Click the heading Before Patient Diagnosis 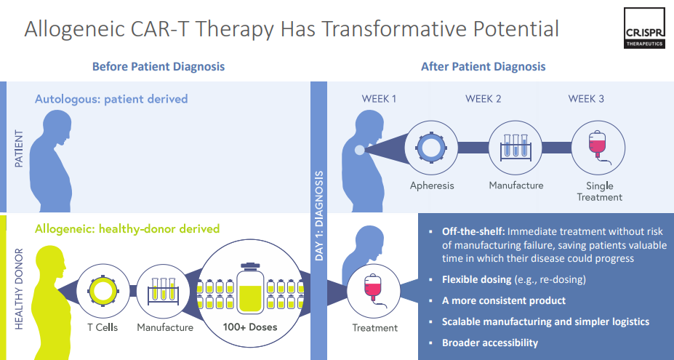[x=159, y=66]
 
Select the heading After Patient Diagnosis [x=483, y=66]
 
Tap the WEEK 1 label [x=379, y=99]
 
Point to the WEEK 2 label [x=484, y=99]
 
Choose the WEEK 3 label [x=586, y=99]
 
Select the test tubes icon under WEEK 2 [x=515, y=145]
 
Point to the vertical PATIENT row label [x=18, y=148]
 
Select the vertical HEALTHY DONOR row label [x=18, y=289]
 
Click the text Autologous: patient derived [x=111, y=99]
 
